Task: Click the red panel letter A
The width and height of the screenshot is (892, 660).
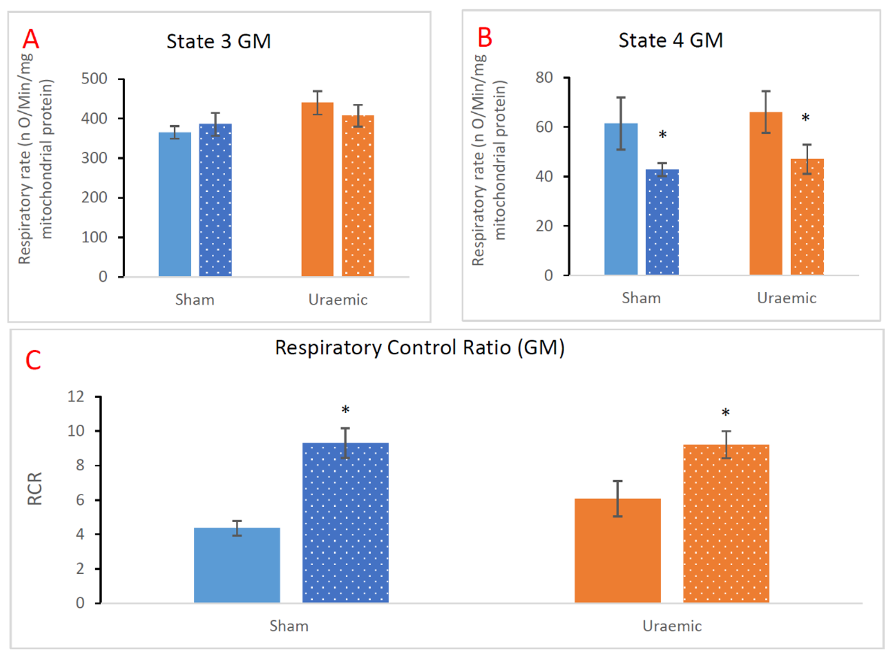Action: click(30, 40)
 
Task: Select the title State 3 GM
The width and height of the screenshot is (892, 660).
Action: click(219, 41)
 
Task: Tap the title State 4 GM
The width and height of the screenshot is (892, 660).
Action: click(670, 40)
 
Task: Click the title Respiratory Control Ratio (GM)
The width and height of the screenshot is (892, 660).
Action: click(420, 348)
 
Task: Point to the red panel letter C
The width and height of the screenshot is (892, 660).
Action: click(33, 361)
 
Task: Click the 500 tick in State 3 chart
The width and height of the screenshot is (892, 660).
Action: click(95, 79)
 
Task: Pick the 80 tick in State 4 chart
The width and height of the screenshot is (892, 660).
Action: click(544, 78)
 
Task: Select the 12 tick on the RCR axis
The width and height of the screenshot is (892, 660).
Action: click(76, 396)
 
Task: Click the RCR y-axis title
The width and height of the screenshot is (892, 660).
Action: click(35, 489)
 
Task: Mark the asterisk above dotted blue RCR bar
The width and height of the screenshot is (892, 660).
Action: click(346, 410)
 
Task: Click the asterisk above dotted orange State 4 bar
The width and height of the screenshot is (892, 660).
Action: click(806, 118)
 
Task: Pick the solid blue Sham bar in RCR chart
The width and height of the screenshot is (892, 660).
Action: click(237, 565)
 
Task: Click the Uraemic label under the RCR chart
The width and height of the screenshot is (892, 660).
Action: click(672, 626)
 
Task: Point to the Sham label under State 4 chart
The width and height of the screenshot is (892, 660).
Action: click(641, 298)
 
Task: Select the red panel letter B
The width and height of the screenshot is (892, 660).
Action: click(485, 38)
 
